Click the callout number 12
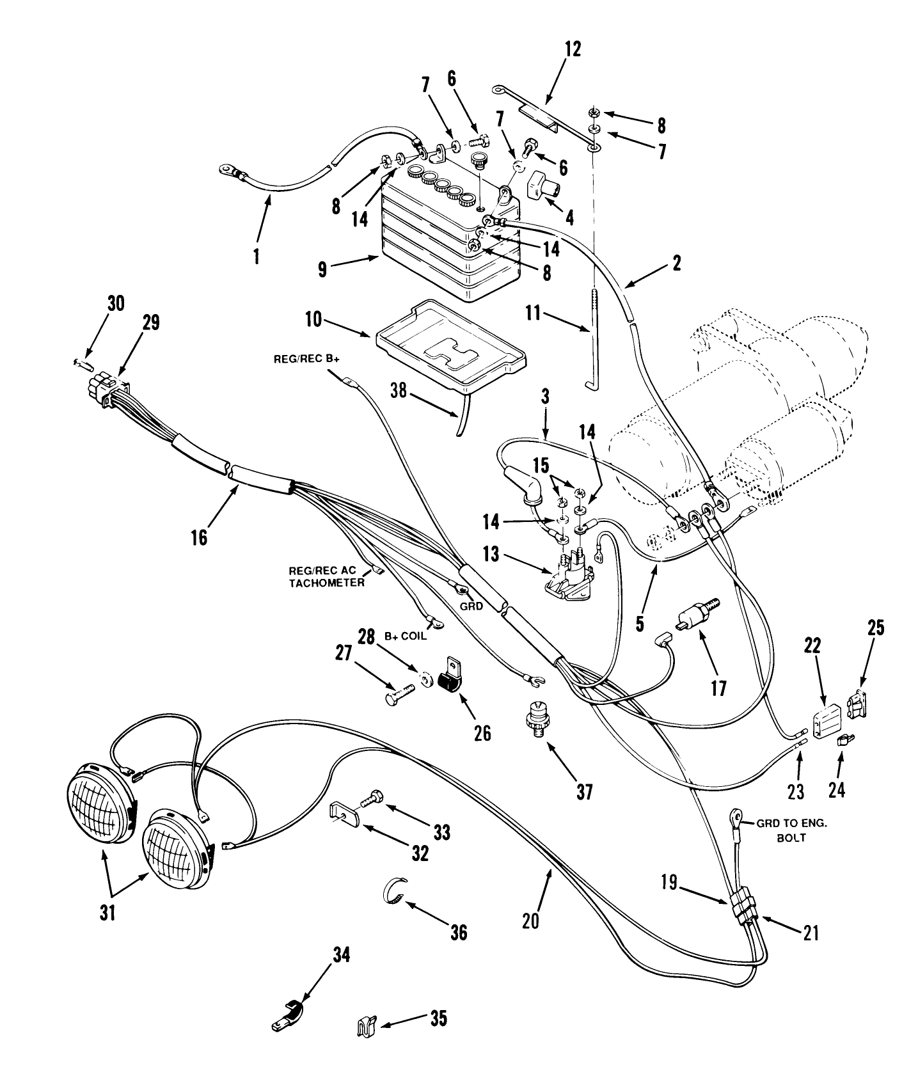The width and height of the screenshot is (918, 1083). pyautogui.click(x=573, y=49)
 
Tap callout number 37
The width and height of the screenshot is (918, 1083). pyautogui.click(x=583, y=792)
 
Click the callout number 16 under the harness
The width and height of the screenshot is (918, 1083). pyautogui.click(x=200, y=536)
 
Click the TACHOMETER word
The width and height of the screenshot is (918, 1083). pyautogui.click(x=326, y=583)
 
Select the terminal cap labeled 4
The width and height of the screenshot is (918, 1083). pyautogui.click(x=542, y=188)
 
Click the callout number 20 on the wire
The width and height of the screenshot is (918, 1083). pyautogui.click(x=530, y=920)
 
